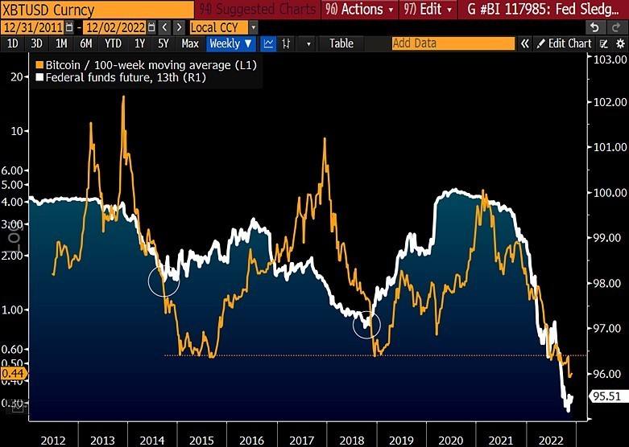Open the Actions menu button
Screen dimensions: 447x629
coord(359,10)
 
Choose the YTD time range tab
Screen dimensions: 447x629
coord(114,43)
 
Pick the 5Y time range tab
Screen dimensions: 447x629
coord(163,43)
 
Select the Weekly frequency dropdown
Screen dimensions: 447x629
coord(231,43)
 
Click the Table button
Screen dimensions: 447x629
coord(341,43)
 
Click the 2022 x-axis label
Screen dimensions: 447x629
coord(550,440)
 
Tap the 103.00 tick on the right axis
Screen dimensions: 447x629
coord(609,59)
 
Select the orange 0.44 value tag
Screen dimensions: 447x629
coord(12,374)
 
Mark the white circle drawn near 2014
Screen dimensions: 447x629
coord(163,281)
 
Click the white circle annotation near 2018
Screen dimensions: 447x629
coord(366,324)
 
